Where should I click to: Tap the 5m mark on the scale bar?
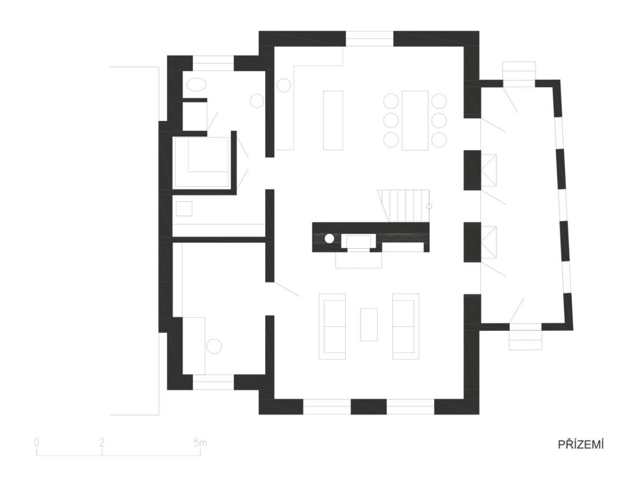click(x=200, y=443)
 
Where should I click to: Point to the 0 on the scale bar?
click(x=36, y=443)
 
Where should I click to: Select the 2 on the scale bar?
click(x=102, y=443)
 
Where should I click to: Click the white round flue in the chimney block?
click(x=330, y=239)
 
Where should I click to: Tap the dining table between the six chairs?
click(x=415, y=120)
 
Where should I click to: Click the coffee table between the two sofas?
click(x=369, y=325)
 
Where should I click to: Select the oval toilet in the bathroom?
click(x=196, y=84)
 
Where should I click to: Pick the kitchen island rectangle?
click(x=333, y=120)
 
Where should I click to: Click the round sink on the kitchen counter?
click(x=283, y=85)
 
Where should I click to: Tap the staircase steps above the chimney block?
click(x=404, y=206)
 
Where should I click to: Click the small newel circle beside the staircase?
click(x=429, y=206)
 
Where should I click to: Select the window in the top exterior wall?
click(x=370, y=39)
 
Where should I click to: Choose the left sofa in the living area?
click(x=332, y=326)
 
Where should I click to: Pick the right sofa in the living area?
click(x=406, y=326)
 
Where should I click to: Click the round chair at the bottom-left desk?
click(x=214, y=346)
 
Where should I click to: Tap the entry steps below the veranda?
click(x=525, y=340)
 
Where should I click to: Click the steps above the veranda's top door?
click(x=519, y=70)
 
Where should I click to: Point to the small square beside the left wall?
click(x=184, y=208)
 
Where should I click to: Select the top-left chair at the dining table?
click(x=391, y=101)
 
